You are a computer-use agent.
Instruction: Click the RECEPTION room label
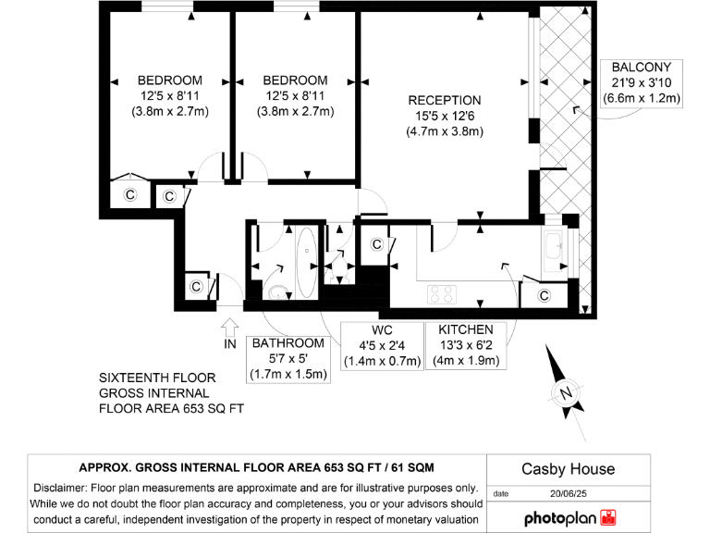coord(444,100)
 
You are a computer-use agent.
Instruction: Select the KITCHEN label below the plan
coord(465,329)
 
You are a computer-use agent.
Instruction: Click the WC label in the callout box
coord(382,329)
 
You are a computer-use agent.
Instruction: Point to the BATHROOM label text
coord(288,342)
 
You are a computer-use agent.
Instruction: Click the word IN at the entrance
coord(230,345)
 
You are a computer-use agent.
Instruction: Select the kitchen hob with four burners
coord(443,294)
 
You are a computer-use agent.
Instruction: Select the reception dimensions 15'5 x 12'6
coord(444,116)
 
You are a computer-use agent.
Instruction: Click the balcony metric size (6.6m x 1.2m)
coord(642,98)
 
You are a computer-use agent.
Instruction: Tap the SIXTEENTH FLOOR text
coord(157,378)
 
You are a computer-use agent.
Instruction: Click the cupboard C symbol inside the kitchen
coord(545,295)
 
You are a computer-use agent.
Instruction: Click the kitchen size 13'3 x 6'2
coord(465,345)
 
